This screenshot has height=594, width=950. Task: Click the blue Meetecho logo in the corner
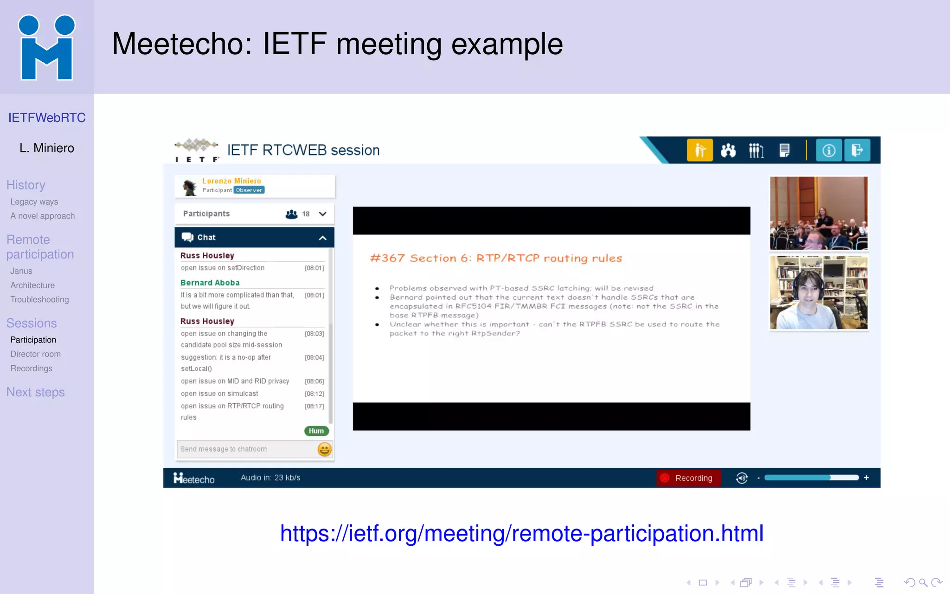46,47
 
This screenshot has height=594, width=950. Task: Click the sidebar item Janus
21,271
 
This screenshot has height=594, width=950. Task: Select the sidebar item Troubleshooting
39,300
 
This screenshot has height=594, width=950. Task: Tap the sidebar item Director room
35,354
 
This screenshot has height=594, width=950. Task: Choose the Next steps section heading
35,392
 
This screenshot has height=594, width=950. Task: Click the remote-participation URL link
521,533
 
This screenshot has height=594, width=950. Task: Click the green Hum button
316,431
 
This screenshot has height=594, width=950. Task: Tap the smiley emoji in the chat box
324,449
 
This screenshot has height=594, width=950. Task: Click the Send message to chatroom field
246,449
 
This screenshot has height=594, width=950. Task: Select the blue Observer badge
249,190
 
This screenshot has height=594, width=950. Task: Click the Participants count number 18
306,214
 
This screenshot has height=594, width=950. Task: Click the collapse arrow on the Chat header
322,238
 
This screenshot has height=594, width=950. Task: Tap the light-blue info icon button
828,150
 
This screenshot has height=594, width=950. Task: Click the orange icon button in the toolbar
700,150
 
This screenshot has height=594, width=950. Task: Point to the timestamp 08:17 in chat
314,407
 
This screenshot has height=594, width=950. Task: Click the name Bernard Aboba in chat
210,283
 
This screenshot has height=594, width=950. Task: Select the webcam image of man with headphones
819,293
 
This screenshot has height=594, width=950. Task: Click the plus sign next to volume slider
866,478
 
